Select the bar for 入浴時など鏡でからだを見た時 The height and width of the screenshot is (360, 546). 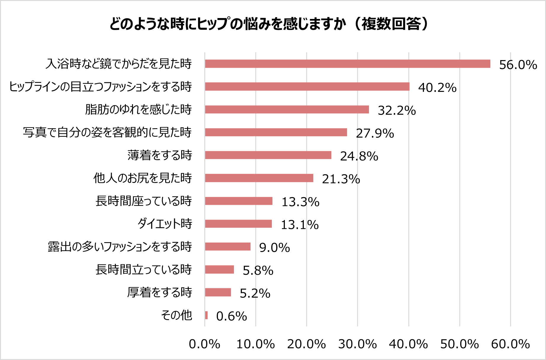click(347, 64)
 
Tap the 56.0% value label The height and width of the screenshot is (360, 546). click(518, 65)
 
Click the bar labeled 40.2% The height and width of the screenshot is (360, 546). click(307, 86)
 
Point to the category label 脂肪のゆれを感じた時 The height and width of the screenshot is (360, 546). click(138, 109)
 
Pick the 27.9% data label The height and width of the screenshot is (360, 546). click(375, 133)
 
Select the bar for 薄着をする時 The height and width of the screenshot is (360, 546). click(268, 155)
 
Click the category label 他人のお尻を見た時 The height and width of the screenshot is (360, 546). click(142, 178)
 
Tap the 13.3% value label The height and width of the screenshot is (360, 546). click(300, 202)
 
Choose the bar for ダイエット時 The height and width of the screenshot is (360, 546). click(238, 224)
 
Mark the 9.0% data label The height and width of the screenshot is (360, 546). click(274, 247)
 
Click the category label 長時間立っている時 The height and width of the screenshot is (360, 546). click(144, 269)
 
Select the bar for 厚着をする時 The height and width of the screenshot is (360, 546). click(218, 292)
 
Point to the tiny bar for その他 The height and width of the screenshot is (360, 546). click(206, 315)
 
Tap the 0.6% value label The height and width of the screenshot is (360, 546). click(231, 316)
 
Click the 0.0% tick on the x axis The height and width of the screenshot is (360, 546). click(204, 344)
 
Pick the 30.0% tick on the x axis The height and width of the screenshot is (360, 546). click(357, 344)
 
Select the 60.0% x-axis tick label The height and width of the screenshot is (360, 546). click(510, 344)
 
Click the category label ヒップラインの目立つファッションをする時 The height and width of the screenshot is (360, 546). click(100, 86)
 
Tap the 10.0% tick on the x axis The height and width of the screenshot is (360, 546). click(256, 344)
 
